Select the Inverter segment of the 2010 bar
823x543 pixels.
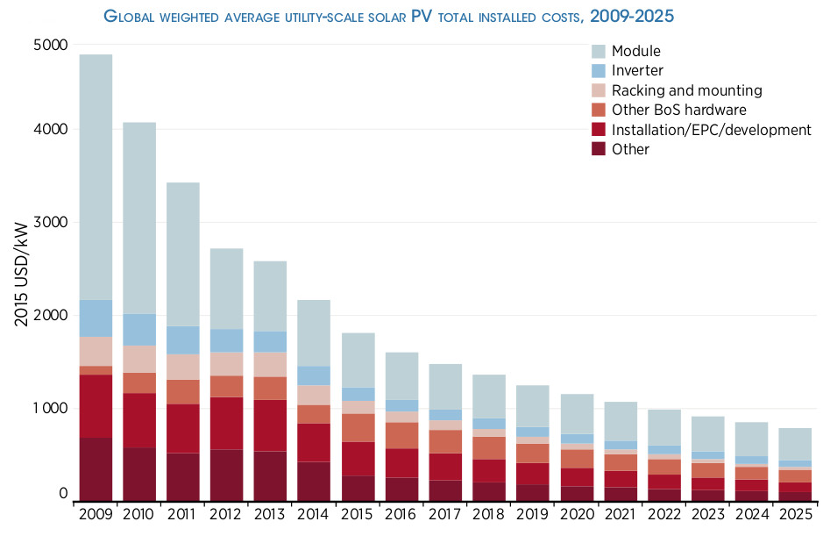pyautogui.click(x=139, y=330)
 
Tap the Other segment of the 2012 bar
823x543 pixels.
pyautogui.click(x=227, y=475)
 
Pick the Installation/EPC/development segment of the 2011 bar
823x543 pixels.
pyautogui.click(x=183, y=428)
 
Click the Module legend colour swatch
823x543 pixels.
pyautogui.click(x=600, y=52)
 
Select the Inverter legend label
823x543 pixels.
pyautogui.click(x=637, y=71)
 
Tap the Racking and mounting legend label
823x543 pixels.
pyautogui.click(x=686, y=90)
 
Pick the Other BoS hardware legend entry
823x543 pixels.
pyautogui.click(x=678, y=110)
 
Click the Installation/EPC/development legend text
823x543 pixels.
pyautogui.click(x=711, y=130)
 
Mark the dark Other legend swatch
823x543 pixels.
pyautogui.click(x=600, y=149)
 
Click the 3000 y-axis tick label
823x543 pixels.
pyautogui.click(x=51, y=223)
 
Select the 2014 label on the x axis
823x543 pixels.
pyautogui.click(x=314, y=513)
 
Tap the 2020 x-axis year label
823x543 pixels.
pyautogui.click(x=577, y=513)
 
